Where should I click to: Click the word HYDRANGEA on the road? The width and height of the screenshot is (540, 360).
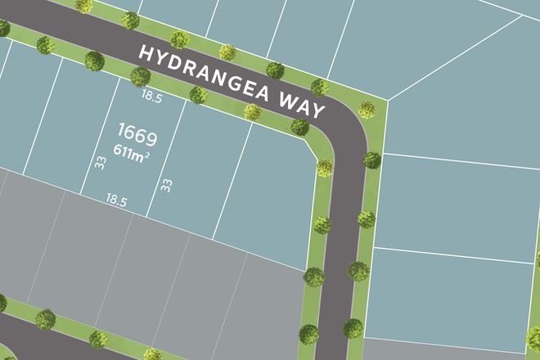(209, 74)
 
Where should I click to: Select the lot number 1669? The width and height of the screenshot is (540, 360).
(137, 133)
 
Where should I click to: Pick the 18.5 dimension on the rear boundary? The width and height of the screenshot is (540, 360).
(116, 199)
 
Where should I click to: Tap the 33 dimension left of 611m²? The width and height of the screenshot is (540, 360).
(101, 164)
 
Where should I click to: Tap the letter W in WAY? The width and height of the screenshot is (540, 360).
(286, 100)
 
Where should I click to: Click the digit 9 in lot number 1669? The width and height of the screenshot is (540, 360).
(151, 133)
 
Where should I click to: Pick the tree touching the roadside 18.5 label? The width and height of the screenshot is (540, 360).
(140, 77)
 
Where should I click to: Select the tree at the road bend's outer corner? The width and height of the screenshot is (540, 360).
(367, 109)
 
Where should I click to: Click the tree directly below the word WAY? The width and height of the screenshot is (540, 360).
(299, 128)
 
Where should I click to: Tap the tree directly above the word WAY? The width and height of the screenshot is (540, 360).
(320, 87)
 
